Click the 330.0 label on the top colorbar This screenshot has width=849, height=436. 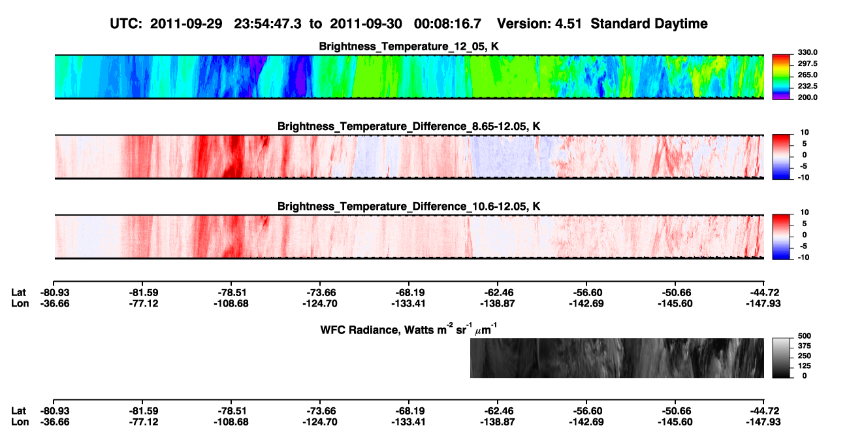click(807, 52)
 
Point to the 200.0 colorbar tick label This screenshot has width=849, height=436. click(807, 97)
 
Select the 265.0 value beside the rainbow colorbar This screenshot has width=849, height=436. click(807, 75)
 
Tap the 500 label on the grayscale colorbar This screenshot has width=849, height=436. click(805, 336)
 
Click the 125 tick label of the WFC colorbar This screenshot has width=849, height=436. click(805, 366)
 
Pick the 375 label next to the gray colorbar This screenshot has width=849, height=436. click(805, 346)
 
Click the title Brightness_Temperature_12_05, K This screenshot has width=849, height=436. click(409, 46)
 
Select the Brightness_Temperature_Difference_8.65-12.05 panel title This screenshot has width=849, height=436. click(409, 126)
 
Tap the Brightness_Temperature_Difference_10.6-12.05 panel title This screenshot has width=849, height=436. click(409, 207)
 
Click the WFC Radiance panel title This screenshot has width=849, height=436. click(409, 329)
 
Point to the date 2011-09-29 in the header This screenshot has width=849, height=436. click(186, 24)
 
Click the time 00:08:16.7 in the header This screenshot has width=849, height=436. click(447, 24)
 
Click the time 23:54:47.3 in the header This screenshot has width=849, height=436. click(268, 24)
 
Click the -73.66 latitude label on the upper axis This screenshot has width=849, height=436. click(320, 293)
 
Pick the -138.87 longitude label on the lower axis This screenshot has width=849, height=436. click(497, 422)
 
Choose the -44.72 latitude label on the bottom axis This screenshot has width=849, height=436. click(763, 411)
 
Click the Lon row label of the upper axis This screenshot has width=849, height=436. click(20, 303)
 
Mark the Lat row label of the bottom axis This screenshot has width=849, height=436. click(18, 411)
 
